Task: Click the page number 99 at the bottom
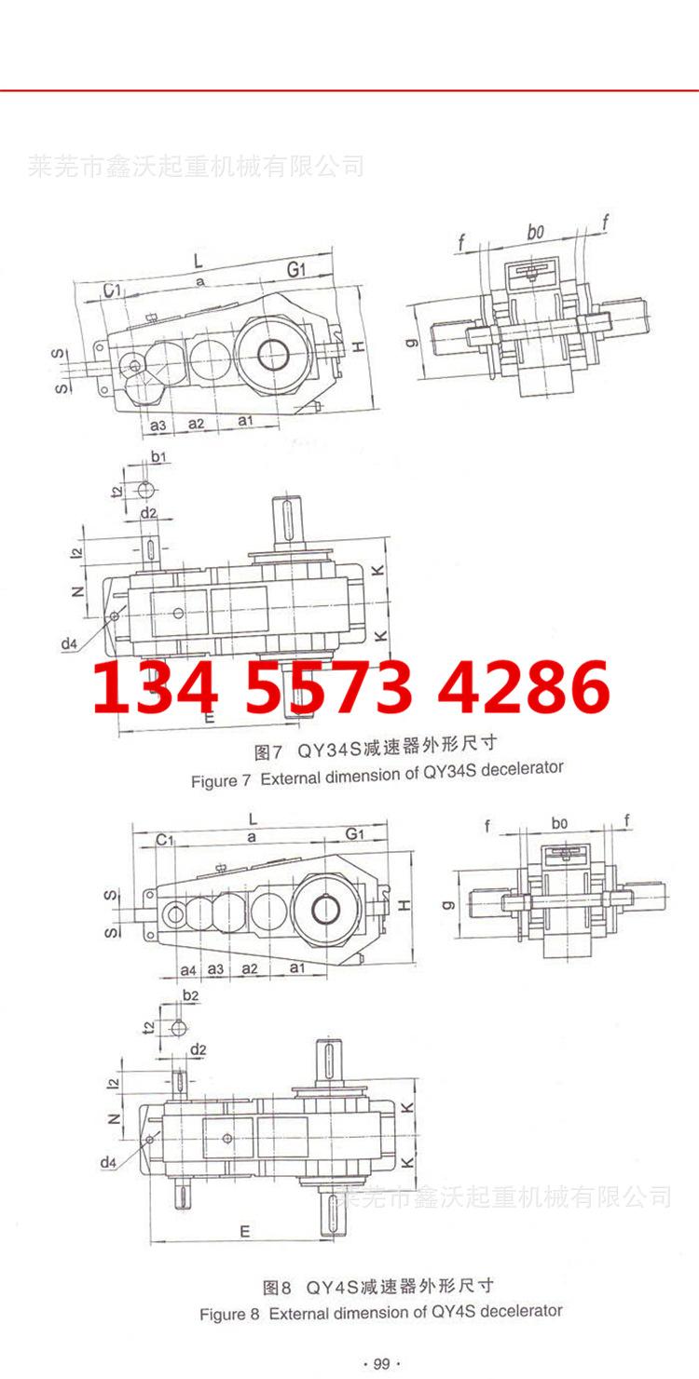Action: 380,1364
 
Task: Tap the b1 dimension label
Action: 158,457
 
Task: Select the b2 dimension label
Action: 191,995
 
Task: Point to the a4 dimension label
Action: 188,969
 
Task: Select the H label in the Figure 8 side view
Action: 404,905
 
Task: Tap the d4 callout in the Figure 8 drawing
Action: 109,1162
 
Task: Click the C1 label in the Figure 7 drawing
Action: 113,292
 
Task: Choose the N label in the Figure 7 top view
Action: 78,590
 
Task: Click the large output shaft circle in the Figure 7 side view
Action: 272,355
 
